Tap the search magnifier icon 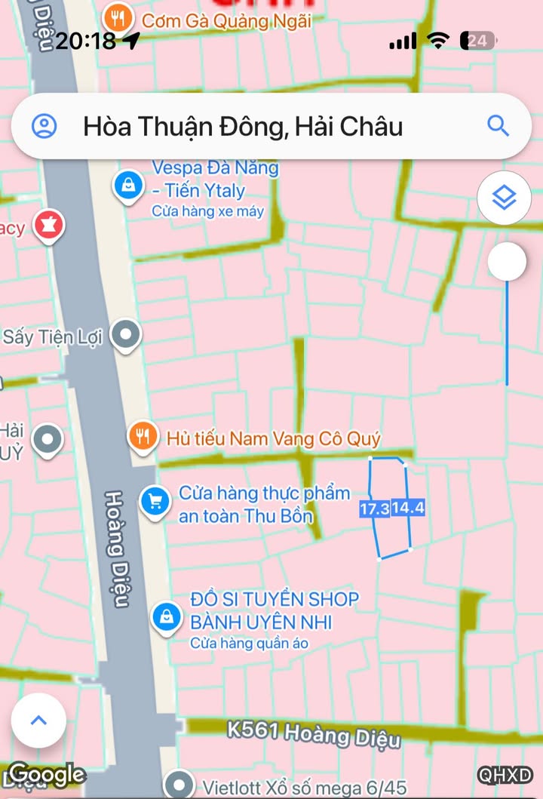(x=498, y=125)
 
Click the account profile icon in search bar (x=44, y=125)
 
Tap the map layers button (x=504, y=198)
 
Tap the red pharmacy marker (x=48, y=224)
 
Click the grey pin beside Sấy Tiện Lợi (x=126, y=335)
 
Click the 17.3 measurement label (x=374, y=509)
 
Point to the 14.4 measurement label (x=408, y=509)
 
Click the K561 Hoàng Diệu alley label (x=314, y=733)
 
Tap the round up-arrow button (x=38, y=720)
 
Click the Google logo (x=47, y=774)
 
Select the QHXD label (x=505, y=775)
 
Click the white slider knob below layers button (x=507, y=262)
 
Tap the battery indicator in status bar (x=478, y=41)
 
